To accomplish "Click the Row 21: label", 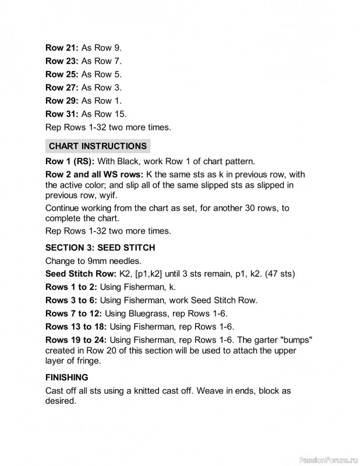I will (62, 47).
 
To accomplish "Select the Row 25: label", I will (62, 74).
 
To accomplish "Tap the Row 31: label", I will (62, 114).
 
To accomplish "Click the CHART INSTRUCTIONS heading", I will (97, 146).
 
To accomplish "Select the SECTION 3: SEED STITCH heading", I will (100, 248).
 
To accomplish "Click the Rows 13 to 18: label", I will (76, 326).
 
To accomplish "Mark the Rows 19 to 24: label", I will (76, 340).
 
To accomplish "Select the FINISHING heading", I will (67, 377).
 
